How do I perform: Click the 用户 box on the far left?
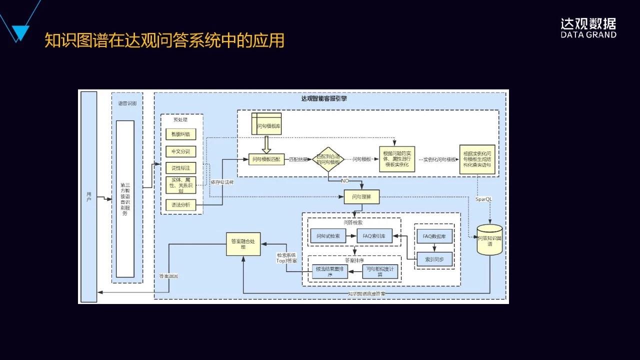pyautogui.click(x=88, y=197)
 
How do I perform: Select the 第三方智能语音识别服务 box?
pyautogui.click(x=125, y=198)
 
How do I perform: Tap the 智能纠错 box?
pyautogui.click(x=180, y=134)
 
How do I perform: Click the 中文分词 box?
pyautogui.click(x=180, y=151)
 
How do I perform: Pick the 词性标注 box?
pyautogui.click(x=180, y=168)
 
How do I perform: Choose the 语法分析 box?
pyautogui.click(x=180, y=205)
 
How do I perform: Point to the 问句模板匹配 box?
pyautogui.click(x=266, y=159)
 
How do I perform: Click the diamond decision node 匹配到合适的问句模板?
pyautogui.click(x=328, y=159)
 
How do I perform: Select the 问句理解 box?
pyautogui.click(x=361, y=197)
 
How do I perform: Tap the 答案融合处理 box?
pyautogui.click(x=243, y=244)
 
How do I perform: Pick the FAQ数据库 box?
pyautogui.click(x=434, y=236)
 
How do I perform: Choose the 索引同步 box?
pyautogui.click(x=434, y=259)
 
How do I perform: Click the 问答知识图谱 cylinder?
pyautogui.click(x=489, y=240)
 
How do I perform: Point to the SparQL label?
pyautogui.click(x=483, y=198)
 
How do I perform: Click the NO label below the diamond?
pyautogui.click(x=345, y=180)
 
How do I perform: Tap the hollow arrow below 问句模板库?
pyautogui.click(x=266, y=144)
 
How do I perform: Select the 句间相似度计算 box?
pyautogui.click(x=380, y=271)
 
